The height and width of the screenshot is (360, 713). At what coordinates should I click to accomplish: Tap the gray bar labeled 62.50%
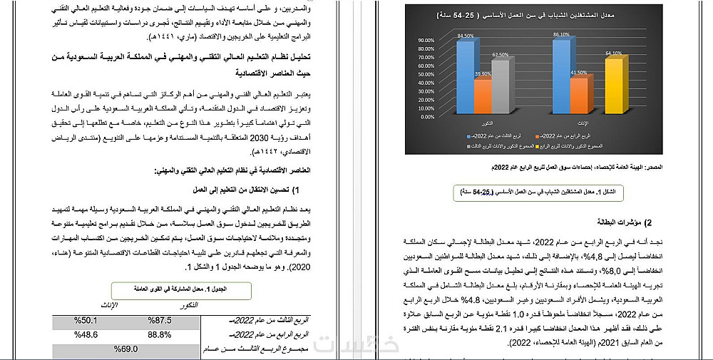click(x=500, y=86)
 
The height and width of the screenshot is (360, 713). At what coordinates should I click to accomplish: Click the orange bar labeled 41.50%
click(x=578, y=94)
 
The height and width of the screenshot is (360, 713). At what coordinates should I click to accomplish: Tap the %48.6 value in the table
click(x=86, y=334)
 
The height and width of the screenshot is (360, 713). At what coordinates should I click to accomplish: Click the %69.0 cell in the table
click(x=125, y=349)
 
